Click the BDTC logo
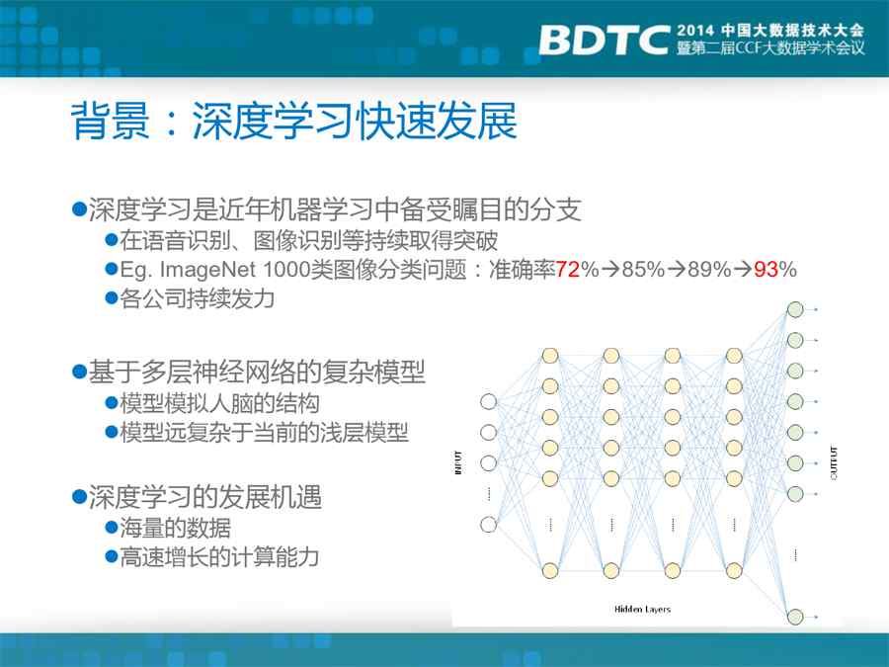click(x=605, y=40)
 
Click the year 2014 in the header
click(x=696, y=30)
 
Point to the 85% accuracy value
click(x=643, y=269)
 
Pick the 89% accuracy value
click(x=709, y=269)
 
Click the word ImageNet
click(x=207, y=270)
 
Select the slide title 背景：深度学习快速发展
click(x=293, y=121)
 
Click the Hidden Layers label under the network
click(x=642, y=609)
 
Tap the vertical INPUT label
click(x=458, y=462)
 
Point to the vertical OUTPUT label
click(x=834, y=462)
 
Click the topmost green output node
click(x=795, y=309)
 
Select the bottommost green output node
click(x=795, y=617)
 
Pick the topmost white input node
click(x=488, y=401)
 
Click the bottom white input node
click(x=488, y=524)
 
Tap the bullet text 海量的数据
click(x=175, y=528)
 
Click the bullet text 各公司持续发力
click(x=198, y=298)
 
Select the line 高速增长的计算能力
click(x=219, y=557)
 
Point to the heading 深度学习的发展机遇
click(x=205, y=497)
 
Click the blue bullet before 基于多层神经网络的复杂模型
click(x=79, y=373)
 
